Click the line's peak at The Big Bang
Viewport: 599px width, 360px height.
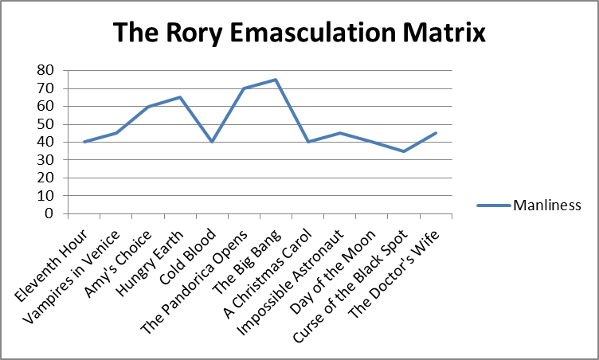pyautogui.click(x=276, y=80)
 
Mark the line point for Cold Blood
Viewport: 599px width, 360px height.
pyautogui.click(x=212, y=142)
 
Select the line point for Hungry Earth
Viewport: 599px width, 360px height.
pyautogui.click(x=180, y=97)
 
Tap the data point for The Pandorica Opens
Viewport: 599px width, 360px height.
pyautogui.click(x=244, y=88)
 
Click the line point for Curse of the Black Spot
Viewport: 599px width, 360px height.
pyautogui.click(x=403, y=151)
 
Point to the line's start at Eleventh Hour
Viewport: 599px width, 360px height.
pyautogui.click(x=84, y=142)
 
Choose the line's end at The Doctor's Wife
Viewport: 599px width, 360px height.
pyautogui.click(x=435, y=133)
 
